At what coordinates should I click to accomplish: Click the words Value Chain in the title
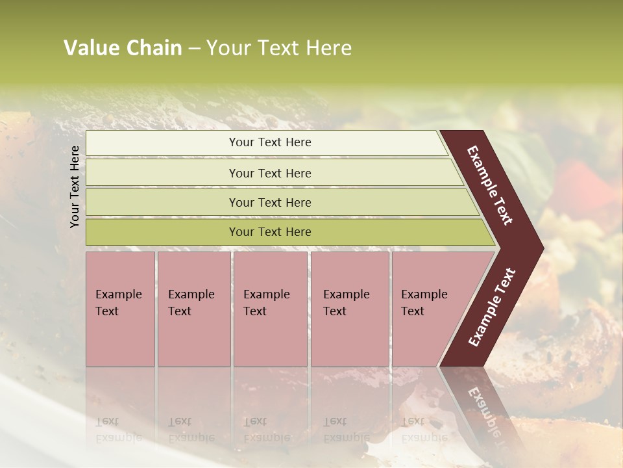coord(123,48)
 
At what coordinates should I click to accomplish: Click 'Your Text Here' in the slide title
coord(279,48)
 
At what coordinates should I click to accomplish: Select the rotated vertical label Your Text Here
coord(75,187)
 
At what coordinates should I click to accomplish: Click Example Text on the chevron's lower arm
coord(492,307)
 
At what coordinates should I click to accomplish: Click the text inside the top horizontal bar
coord(270,142)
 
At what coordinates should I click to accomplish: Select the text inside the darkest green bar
coord(270,232)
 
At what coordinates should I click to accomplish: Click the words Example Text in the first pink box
coord(118,303)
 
